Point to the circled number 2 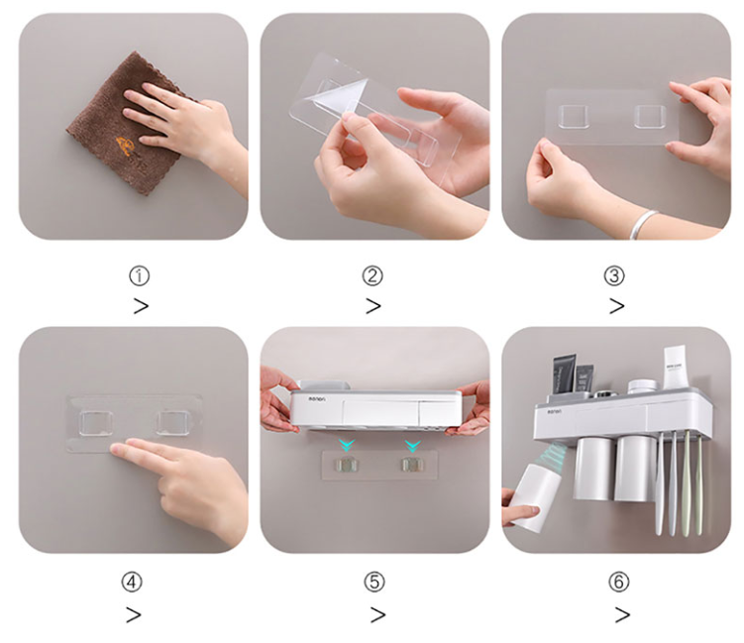click(372, 275)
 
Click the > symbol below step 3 click(616, 306)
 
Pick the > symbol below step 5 click(377, 615)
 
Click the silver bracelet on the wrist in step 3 click(644, 222)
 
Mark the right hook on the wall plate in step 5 click(409, 464)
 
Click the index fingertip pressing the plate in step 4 click(119, 451)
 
